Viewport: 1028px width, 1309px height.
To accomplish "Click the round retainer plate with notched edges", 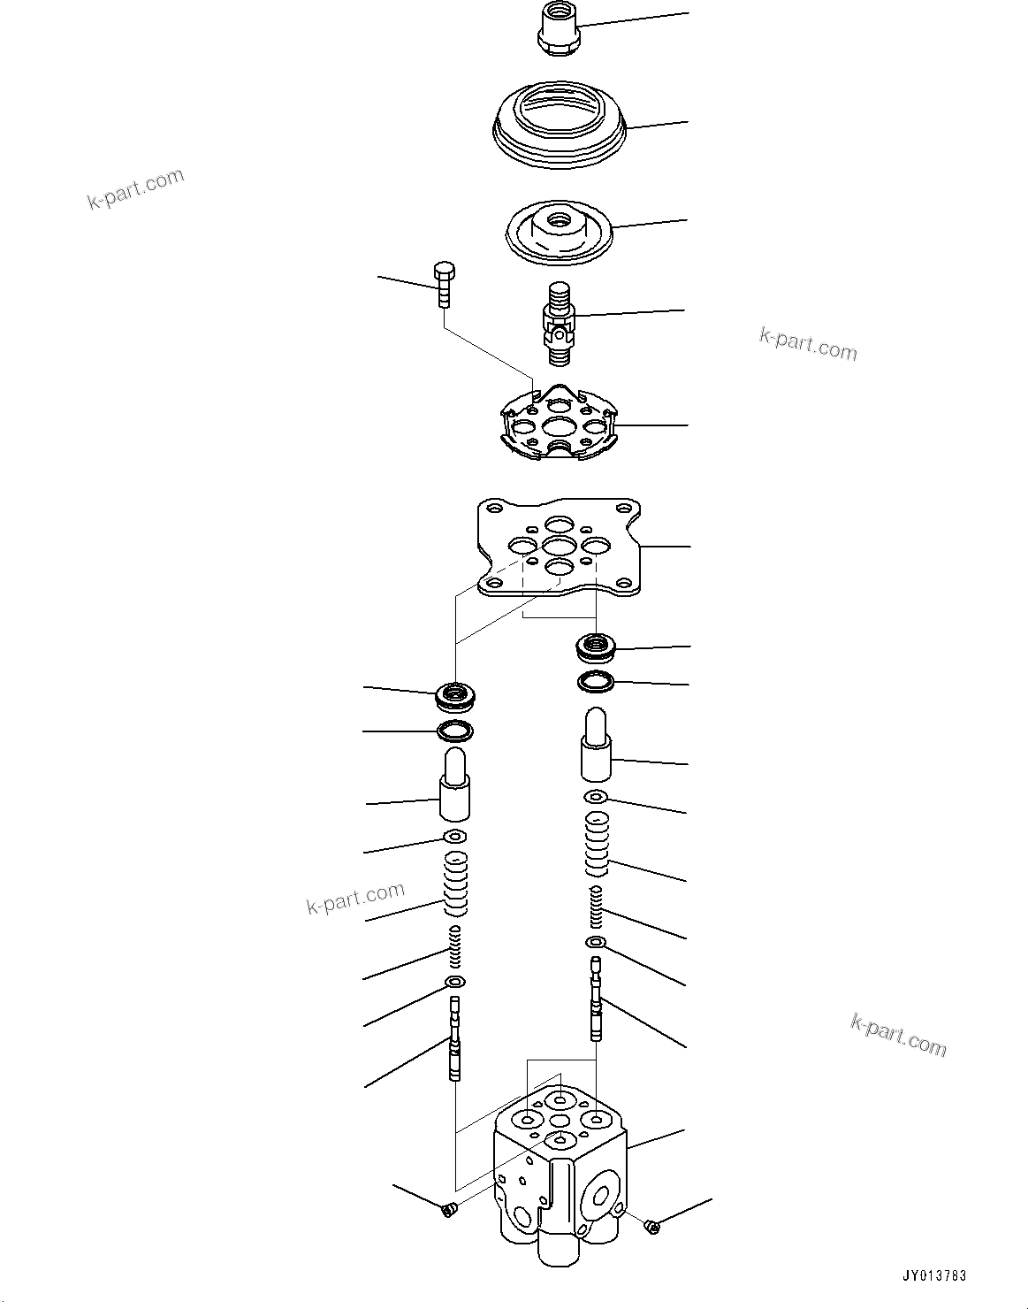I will [x=559, y=425].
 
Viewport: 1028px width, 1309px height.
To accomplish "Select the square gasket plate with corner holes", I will [x=558, y=549].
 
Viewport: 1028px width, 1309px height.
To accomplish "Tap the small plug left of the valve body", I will [x=448, y=1208].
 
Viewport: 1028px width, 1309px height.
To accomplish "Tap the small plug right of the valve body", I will [x=652, y=1225].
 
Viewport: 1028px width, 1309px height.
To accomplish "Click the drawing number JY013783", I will [x=934, y=1276].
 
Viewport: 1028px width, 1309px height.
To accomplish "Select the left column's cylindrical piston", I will [x=454, y=785].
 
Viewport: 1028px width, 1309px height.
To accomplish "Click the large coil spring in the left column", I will [x=454, y=884].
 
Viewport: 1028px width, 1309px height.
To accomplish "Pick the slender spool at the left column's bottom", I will [x=454, y=1039].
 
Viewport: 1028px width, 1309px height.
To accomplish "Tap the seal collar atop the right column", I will [x=597, y=648].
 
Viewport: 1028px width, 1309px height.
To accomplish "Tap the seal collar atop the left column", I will [x=457, y=698].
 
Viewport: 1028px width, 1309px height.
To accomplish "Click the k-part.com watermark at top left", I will [x=135, y=188].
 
